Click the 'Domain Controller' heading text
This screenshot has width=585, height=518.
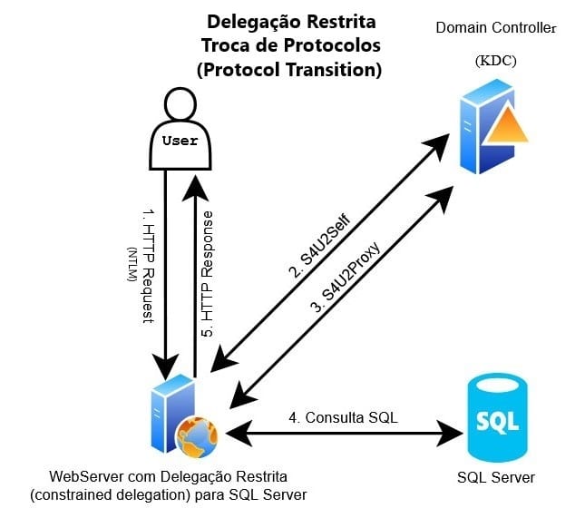click(x=496, y=28)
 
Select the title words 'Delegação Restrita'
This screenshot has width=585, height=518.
click(x=290, y=20)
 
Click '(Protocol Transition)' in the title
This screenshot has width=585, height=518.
click(x=290, y=69)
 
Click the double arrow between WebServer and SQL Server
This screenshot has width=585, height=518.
click(x=345, y=434)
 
